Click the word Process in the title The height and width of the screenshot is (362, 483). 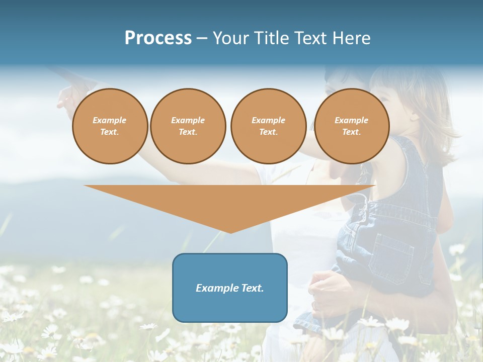click(x=158, y=38)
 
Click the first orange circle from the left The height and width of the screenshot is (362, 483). click(x=110, y=126)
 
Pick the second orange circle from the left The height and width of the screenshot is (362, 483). click(x=188, y=126)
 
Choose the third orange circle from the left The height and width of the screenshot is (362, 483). click(x=268, y=126)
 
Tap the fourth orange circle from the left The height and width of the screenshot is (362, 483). click(x=351, y=126)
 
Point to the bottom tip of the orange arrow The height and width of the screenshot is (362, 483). click(x=230, y=232)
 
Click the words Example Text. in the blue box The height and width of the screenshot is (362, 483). click(x=230, y=288)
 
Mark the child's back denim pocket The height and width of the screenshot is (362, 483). click(x=390, y=251)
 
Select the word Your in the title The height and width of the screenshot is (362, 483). click(x=230, y=38)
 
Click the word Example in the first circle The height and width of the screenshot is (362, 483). click(x=110, y=120)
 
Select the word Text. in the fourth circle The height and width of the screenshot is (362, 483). click(x=351, y=132)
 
